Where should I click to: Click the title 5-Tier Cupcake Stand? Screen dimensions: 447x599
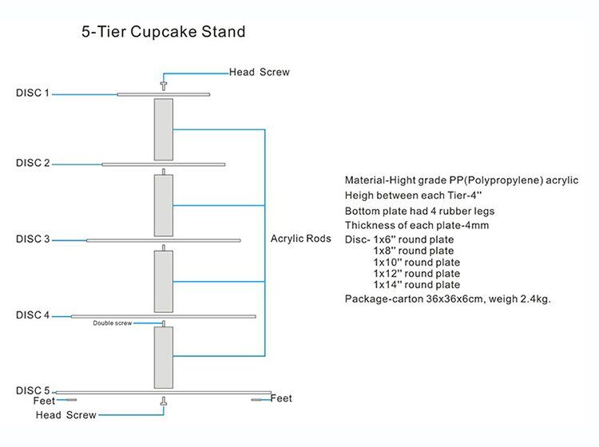pyautogui.click(x=163, y=33)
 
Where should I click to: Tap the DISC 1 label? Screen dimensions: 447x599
pyautogui.click(x=33, y=93)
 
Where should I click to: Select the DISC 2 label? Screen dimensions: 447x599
pyautogui.click(x=33, y=163)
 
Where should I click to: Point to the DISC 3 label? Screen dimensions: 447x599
pyautogui.click(x=33, y=239)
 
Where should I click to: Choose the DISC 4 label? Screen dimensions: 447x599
pyautogui.click(x=33, y=315)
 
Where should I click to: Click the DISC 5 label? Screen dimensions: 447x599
pyautogui.click(x=33, y=390)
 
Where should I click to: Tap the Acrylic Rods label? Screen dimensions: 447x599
pyautogui.click(x=301, y=239)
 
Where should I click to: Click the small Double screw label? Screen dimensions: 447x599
pyautogui.click(x=112, y=323)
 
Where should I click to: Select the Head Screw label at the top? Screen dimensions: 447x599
pyautogui.click(x=260, y=72)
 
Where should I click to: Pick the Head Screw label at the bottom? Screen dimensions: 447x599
pyautogui.click(x=65, y=415)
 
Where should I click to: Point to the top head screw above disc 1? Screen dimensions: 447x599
pyautogui.click(x=164, y=83)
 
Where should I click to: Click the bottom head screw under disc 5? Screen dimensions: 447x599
pyautogui.click(x=164, y=406)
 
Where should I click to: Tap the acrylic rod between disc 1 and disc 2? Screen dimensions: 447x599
pyautogui.click(x=164, y=129)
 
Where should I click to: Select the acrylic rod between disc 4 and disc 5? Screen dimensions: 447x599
pyautogui.click(x=164, y=357)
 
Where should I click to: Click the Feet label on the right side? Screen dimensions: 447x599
pyautogui.click(x=282, y=398)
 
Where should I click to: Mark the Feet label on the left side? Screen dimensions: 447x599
pyautogui.click(x=45, y=401)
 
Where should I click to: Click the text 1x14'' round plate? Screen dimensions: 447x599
pyautogui.click(x=416, y=285)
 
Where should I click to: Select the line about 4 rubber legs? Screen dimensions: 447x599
pyautogui.click(x=420, y=212)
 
